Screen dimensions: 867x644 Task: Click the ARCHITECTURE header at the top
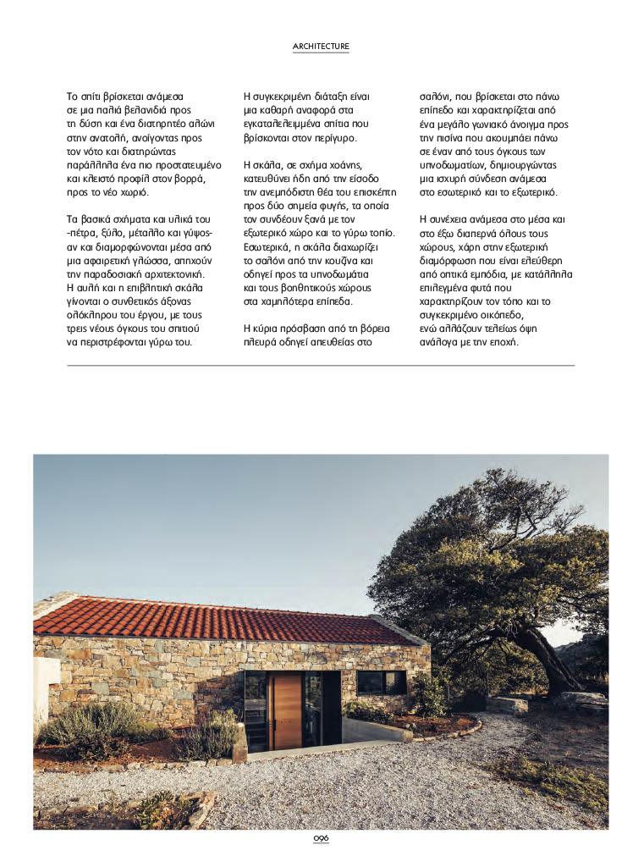click(321, 46)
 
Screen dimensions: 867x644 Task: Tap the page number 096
click(321, 838)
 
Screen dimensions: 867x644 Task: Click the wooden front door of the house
click(287, 712)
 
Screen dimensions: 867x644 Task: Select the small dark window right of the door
click(381, 682)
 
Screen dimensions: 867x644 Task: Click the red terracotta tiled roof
click(212, 621)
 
